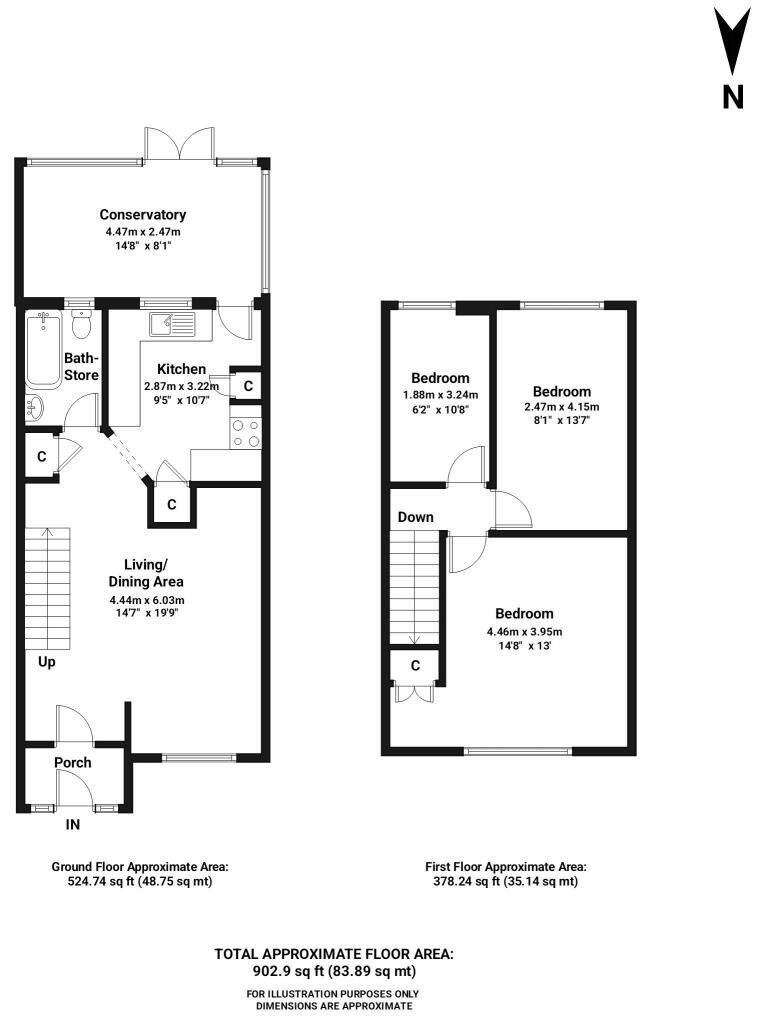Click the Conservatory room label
(x=142, y=214)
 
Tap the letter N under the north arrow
(x=733, y=97)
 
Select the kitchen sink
(x=172, y=324)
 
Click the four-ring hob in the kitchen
(x=246, y=433)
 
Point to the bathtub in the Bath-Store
(x=43, y=349)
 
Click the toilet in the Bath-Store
(x=81, y=325)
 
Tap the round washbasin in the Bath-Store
(x=35, y=408)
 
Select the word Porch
(x=73, y=762)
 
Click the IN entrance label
(x=73, y=824)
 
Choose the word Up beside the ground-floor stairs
(x=46, y=662)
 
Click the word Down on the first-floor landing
(x=416, y=517)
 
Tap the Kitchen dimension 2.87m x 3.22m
(x=182, y=386)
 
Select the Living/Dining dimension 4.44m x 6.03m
(x=146, y=600)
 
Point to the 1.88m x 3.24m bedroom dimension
(x=440, y=394)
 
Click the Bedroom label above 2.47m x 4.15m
(x=562, y=392)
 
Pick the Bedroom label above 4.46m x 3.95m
(x=524, y=614)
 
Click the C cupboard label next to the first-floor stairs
(x=415, y=665)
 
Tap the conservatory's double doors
(x=180, y=143)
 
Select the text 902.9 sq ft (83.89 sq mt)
(x=334, y=971)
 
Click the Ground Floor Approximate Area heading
(x=140, y=867)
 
